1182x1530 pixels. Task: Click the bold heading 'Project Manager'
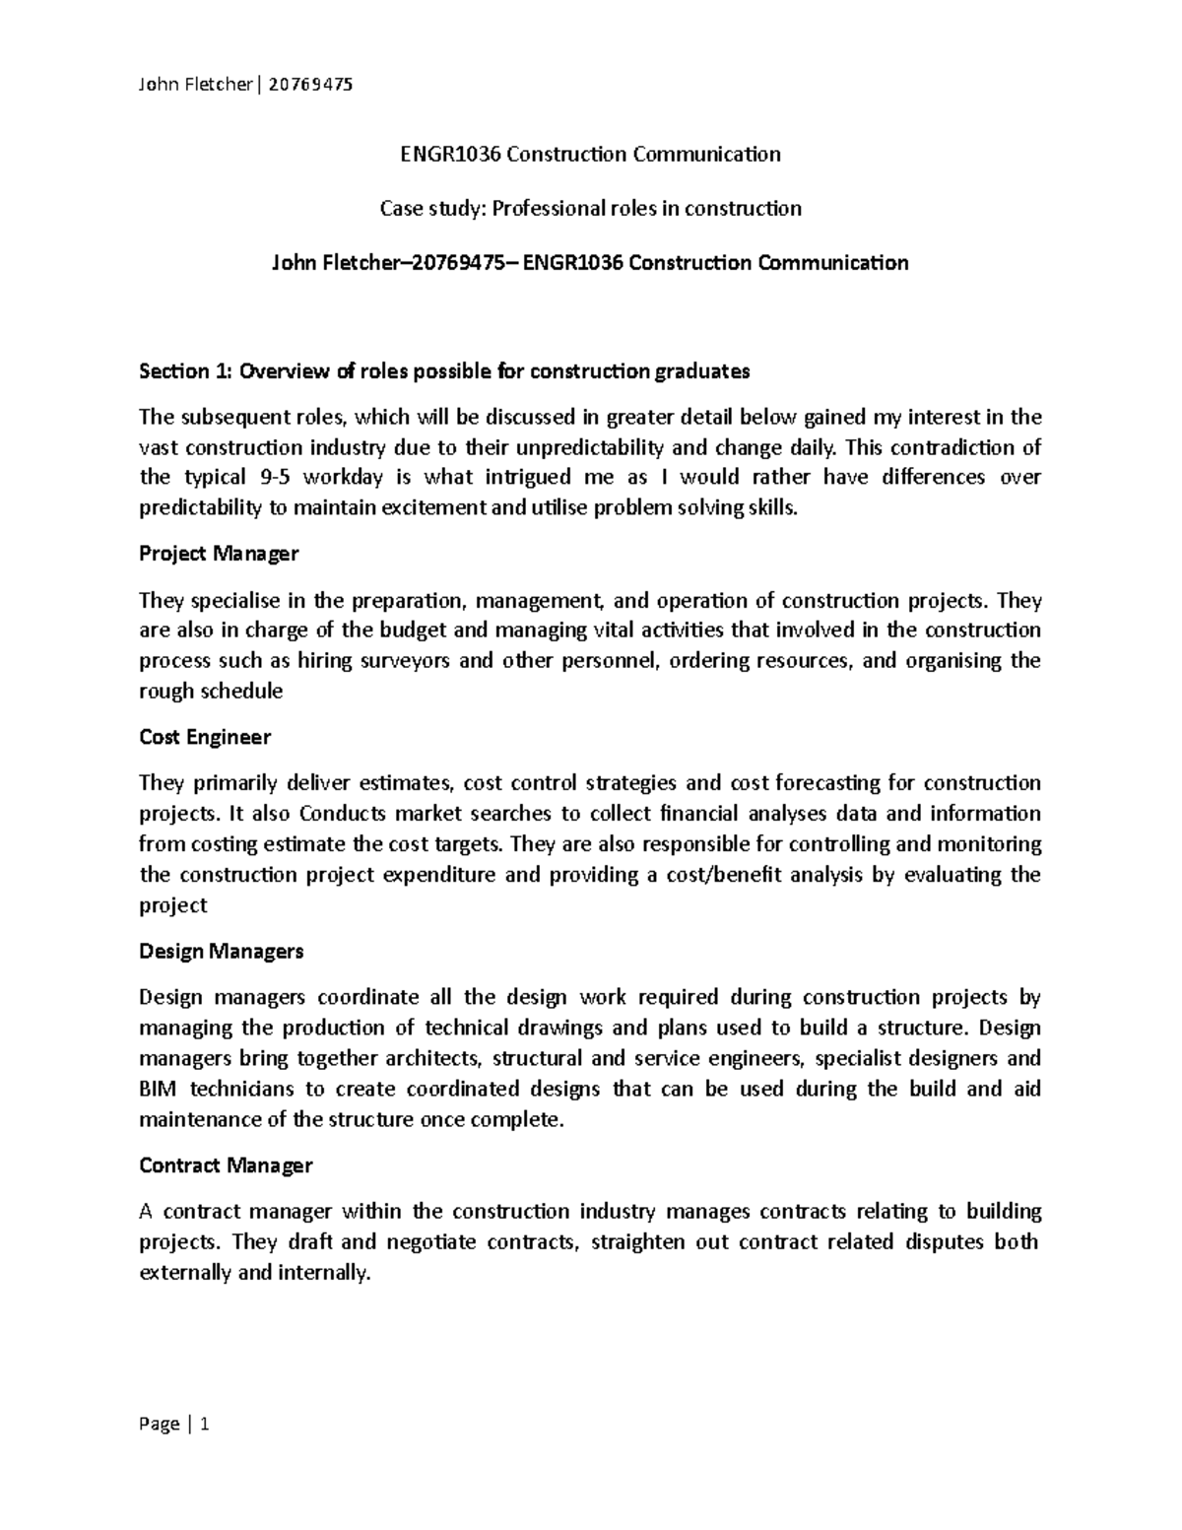(219, 554)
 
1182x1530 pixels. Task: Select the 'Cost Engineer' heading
(205, 737)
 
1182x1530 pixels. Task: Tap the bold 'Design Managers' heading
(222, 951)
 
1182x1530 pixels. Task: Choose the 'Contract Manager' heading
(226, 1165)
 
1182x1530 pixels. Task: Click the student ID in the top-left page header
(308, 85)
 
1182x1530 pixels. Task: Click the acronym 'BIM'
(159, 1089)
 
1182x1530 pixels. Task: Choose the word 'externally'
(185, 1272)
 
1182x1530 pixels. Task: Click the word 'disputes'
(944, 1241)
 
